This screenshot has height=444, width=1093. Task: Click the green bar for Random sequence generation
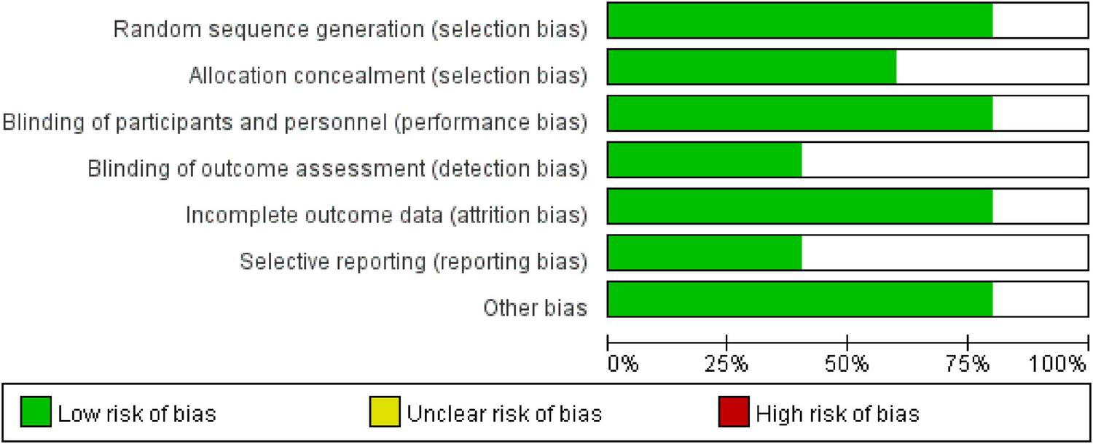799,20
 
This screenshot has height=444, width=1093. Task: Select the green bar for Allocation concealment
751,67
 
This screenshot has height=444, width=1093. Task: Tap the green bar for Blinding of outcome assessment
704,160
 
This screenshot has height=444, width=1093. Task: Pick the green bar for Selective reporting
704,253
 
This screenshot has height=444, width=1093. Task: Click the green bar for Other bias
799,300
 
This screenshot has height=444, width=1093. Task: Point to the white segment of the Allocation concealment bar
992,67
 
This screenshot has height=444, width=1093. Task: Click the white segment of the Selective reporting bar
944,253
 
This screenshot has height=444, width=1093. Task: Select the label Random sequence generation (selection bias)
350,29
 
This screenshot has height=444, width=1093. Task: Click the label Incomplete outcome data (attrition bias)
385,215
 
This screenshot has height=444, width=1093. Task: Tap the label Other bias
535,308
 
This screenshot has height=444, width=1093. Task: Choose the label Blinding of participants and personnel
294,122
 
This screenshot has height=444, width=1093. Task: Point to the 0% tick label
623,363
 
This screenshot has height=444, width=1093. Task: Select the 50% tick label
848,363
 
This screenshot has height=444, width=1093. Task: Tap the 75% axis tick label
968,363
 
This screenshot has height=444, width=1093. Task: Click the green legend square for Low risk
36,413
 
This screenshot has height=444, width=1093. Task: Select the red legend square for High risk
734,413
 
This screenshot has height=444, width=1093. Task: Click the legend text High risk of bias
837,414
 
